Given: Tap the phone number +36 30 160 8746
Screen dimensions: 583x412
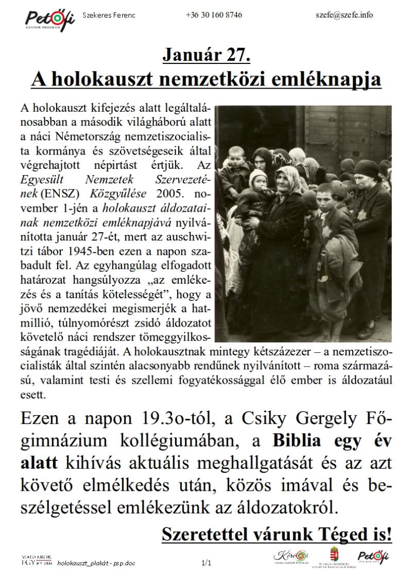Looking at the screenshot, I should pos(214,15).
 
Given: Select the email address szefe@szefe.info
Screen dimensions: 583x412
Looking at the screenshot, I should pos(344,15).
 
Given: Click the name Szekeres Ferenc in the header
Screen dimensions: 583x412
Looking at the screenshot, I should pos(109,15).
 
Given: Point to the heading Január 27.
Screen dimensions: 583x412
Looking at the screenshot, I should pos(207,55).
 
